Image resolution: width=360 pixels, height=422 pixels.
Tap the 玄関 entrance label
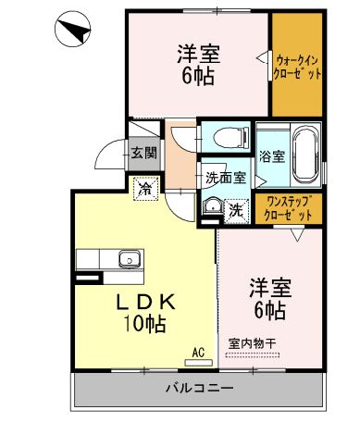pos(143,154)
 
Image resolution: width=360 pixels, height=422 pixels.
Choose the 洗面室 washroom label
pos(224,176)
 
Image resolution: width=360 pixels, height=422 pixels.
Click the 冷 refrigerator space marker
pos(145,188)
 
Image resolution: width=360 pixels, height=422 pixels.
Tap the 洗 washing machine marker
pos(236,210)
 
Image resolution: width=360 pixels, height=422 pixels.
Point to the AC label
pos(198,352)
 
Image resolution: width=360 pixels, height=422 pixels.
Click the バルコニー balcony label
pos(198,387)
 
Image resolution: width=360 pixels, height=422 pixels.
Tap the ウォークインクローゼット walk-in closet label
pos(297,64)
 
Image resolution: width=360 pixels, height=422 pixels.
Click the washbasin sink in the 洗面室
pos(212,208)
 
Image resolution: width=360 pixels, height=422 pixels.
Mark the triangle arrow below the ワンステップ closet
pos(296,234)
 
